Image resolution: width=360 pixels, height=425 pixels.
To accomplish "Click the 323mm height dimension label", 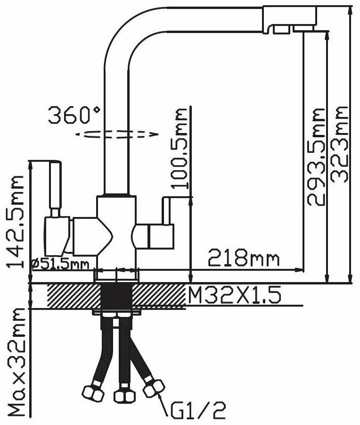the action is pyautogui.click(x=339, y=144).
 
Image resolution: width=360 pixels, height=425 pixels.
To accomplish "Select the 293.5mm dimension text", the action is pyautogui.click(x=316, y=157).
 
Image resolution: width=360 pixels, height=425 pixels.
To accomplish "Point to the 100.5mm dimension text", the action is pyautogui.click(x=179, y=148).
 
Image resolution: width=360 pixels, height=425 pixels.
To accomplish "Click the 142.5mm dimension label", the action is pyautogui.click(x=16, y=221).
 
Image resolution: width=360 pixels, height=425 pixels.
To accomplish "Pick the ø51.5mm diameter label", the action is pyautogui.click(x=60, y=264).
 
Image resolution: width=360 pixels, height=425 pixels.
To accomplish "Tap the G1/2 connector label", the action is pyautogui.click(x=198, y=410).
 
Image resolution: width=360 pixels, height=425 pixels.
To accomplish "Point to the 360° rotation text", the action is pyautogui.click(x=74, y=115).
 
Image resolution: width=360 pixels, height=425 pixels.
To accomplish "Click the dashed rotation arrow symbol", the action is pyautogui.click(x=117, y=134).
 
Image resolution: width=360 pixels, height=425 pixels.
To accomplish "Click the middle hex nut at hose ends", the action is pyautogui.click(x=124, y=396).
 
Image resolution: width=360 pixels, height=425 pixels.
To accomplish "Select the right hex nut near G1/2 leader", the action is pyautogui.click(x=154, y=388).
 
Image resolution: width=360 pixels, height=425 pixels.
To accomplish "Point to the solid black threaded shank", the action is pyautogui.click(x=116, y=297).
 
